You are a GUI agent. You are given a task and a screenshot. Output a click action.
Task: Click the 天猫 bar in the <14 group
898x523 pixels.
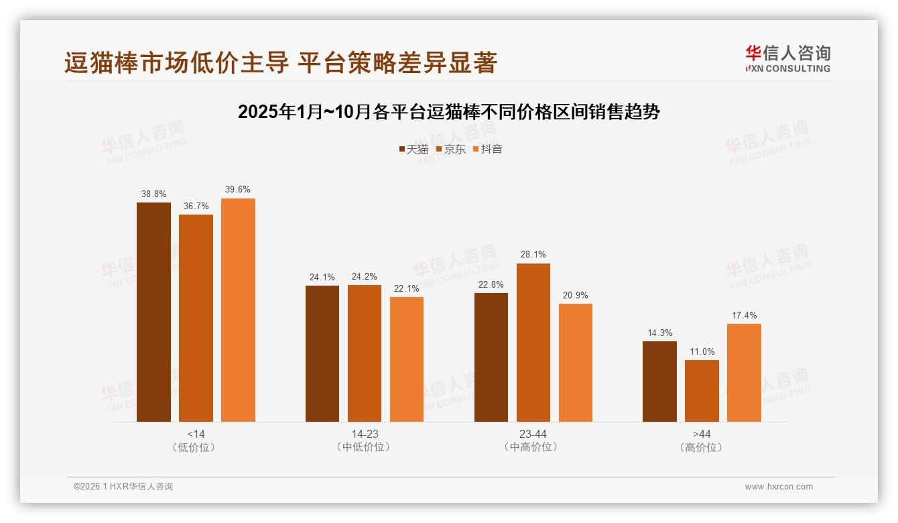153,312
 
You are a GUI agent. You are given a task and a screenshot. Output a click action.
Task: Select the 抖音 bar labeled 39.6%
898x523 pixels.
238,310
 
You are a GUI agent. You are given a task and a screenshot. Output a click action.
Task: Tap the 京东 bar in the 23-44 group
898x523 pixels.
533,343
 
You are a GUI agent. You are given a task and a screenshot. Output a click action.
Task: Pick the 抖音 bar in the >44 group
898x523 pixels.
744,373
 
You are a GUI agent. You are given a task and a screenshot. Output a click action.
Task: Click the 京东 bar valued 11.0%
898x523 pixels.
702,391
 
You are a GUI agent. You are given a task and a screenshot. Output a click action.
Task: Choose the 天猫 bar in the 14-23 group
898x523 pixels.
322,353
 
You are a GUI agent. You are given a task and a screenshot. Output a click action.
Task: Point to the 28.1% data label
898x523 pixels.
533,255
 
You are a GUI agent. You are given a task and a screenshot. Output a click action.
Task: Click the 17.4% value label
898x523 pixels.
744,315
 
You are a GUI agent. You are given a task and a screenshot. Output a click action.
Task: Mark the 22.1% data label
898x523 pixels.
407,288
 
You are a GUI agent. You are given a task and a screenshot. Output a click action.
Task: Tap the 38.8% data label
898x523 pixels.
153,194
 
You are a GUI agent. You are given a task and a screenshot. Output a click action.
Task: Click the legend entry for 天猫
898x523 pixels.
413,149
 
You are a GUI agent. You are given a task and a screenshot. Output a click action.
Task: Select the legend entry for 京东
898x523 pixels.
451,149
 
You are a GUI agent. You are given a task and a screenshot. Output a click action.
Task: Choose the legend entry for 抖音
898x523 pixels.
488,149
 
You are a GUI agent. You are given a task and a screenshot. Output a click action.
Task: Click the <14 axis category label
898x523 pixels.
196,434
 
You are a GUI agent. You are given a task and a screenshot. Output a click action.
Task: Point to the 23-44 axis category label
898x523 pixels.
533,434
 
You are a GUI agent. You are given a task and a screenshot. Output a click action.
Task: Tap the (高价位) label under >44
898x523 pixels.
702,447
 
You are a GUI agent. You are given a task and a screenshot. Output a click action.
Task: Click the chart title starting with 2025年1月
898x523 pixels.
448,111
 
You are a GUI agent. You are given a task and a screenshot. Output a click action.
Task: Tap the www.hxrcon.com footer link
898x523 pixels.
778,487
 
